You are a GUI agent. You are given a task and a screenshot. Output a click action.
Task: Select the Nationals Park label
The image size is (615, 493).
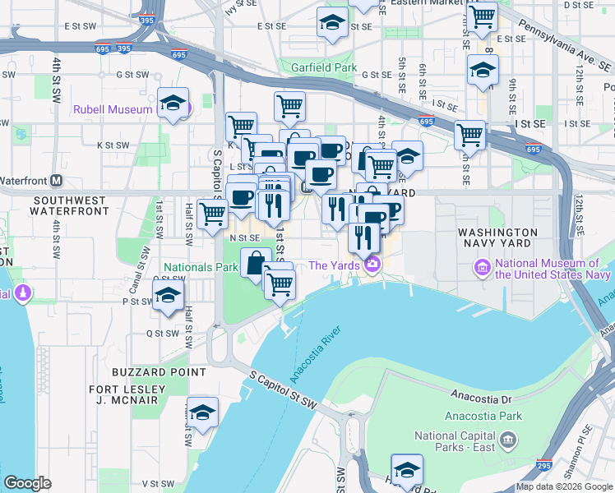point(201,267)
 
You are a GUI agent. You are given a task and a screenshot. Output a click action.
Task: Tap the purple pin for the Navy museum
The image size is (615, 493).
point(481,266)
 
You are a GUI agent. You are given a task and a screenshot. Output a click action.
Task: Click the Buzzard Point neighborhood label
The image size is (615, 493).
point(160,371)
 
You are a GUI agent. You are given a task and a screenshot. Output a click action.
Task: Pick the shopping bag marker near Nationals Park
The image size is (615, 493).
point(256,263)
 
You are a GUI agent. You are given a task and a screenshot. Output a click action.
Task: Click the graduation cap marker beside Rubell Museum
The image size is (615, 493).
point(173,104)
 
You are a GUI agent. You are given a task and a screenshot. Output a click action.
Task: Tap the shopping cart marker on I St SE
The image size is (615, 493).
point(469,134)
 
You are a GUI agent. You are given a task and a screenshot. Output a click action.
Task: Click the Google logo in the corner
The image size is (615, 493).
point(27,483)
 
